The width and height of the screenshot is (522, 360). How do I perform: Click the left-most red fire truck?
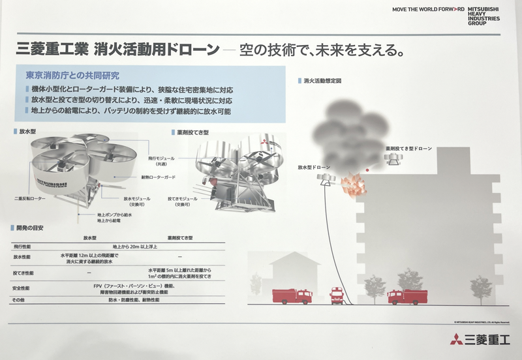(x=292, y=296)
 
